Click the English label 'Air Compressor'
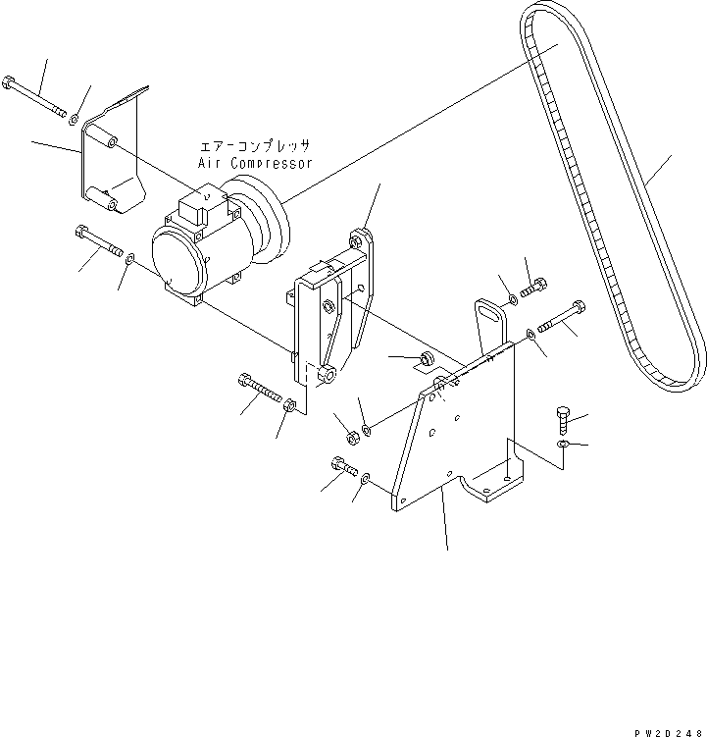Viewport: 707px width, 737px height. [255, 163]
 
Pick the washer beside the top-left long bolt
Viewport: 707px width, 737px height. [75, 119]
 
